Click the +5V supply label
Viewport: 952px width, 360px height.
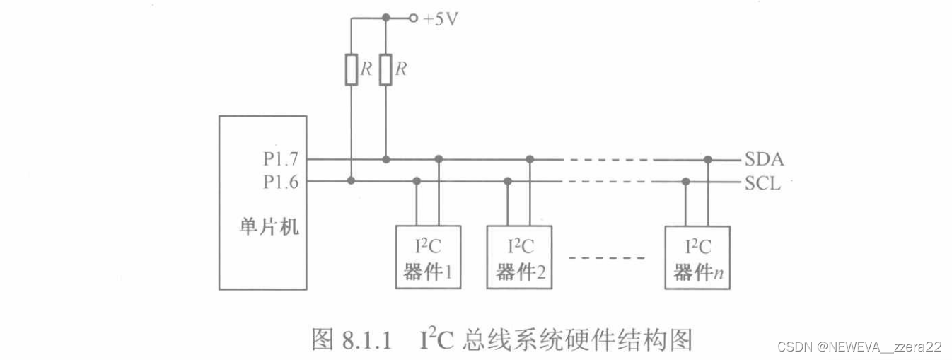(440, 19)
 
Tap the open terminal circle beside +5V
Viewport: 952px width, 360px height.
(413, 18)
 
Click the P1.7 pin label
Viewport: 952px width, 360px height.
(281, 160)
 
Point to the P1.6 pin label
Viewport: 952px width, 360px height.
(281, 182)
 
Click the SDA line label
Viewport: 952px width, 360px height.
(764, 160)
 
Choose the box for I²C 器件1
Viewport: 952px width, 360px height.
(428, 257)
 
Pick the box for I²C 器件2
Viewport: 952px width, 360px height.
(519, 257)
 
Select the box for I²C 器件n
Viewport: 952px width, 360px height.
(697, 257)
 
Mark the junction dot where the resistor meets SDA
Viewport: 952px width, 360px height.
(385, 159)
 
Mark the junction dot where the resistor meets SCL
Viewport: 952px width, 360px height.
(352, 181)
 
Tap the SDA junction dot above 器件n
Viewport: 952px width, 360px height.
(708, 159)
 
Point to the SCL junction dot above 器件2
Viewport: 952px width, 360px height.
(507, 181)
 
